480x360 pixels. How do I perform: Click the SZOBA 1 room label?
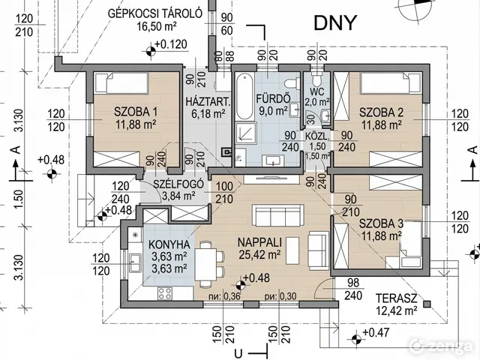pos(136,112)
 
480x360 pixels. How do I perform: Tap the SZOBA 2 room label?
pos(381,112)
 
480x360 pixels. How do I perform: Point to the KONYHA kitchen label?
pos(168,244)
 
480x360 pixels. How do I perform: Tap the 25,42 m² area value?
pos(260,255)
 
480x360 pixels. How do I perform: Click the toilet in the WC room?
pos(317,79)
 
